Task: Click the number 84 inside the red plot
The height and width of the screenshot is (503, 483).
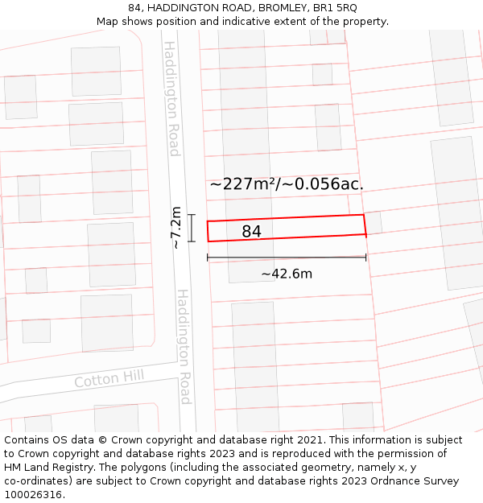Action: click(251, 232)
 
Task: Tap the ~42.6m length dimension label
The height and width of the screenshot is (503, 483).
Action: click(287, 274)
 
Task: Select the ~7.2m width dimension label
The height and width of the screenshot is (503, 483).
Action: click(175, 228)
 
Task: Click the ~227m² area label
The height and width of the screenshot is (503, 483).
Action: click(242, 183)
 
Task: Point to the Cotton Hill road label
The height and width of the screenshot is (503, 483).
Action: click(109, 379)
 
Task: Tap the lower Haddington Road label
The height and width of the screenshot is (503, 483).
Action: click(184, 346)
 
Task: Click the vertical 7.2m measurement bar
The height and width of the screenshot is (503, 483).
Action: click(192, 228)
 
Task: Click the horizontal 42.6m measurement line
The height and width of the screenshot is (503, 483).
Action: click(287, 258)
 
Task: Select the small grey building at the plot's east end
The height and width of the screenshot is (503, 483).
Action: click(374, 223)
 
